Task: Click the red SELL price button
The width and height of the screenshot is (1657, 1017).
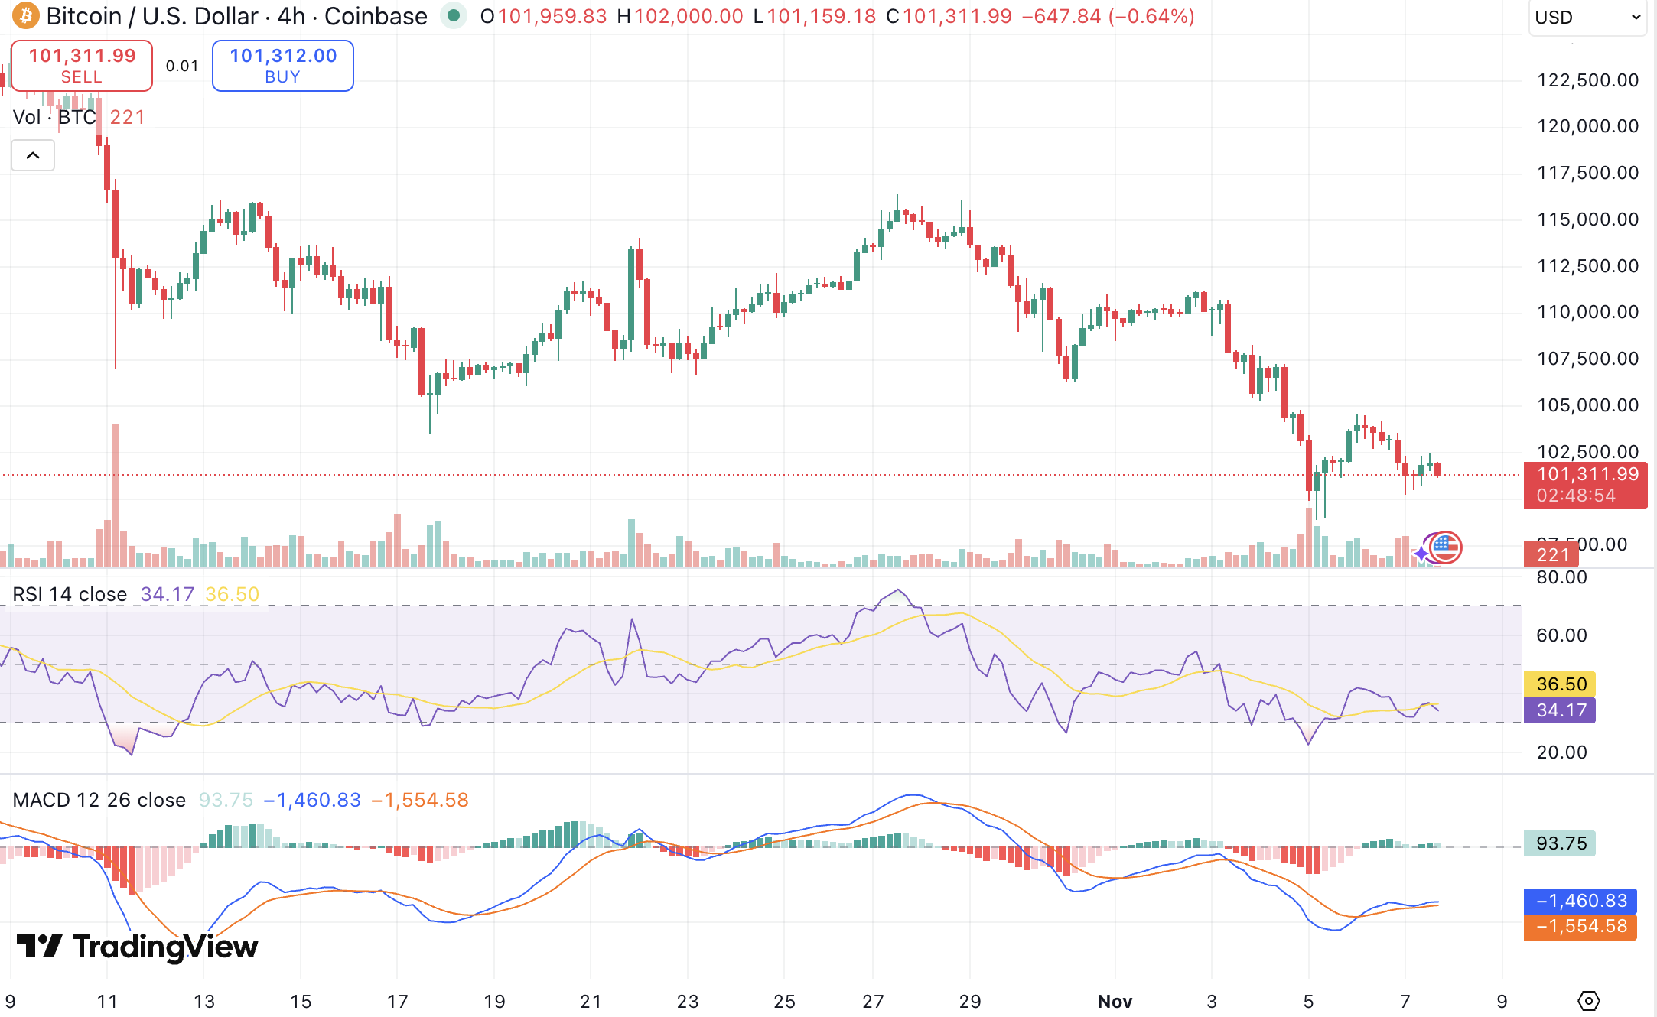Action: [82, 66]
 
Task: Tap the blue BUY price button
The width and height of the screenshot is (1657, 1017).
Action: [282, 66]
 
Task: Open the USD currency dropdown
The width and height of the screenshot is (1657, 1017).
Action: [1587, 17]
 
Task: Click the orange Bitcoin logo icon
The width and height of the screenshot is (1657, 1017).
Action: [25, 15]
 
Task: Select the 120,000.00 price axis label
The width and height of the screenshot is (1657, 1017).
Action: [1587, 126]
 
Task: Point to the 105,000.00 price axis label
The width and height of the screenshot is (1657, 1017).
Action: [1587, 405]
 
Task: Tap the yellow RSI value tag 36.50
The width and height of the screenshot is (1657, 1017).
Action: [1561, 684]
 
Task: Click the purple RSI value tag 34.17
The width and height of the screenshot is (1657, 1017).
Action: [1561, 710]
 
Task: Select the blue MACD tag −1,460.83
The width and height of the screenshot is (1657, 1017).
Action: [1580, 901]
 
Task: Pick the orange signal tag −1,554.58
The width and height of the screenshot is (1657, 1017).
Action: [1580, 927]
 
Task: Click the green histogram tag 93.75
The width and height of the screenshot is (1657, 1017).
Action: [1561, 843]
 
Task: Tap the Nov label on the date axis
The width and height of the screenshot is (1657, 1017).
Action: [1115, 1002]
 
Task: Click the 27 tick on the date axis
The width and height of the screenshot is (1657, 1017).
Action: [873, 1002]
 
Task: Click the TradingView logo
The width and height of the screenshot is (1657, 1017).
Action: [138, 947]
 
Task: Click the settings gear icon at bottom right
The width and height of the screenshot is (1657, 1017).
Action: [1589, 1000]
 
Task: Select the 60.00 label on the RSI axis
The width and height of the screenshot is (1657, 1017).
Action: [1561, 635]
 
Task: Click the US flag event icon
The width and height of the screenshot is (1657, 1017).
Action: [1445, 547]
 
